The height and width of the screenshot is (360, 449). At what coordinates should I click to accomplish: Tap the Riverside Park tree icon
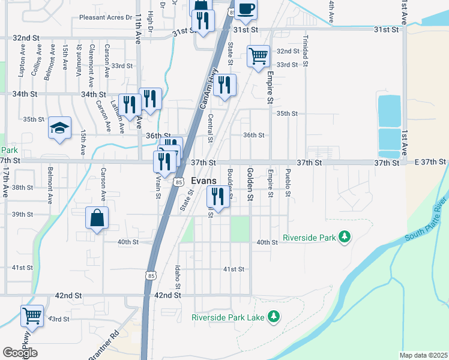pos(344,238)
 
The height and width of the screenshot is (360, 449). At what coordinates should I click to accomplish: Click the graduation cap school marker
pos(59,128)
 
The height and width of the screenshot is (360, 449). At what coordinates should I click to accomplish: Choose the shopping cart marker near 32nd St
pos(258,56)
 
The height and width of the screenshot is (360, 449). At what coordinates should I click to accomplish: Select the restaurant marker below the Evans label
pos(218,196)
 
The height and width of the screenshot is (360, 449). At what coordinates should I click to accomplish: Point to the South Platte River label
pos(426,220)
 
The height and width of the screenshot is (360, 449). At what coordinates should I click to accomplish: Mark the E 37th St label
pos(430,162)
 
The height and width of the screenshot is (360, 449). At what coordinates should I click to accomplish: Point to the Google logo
pos(20,353)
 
